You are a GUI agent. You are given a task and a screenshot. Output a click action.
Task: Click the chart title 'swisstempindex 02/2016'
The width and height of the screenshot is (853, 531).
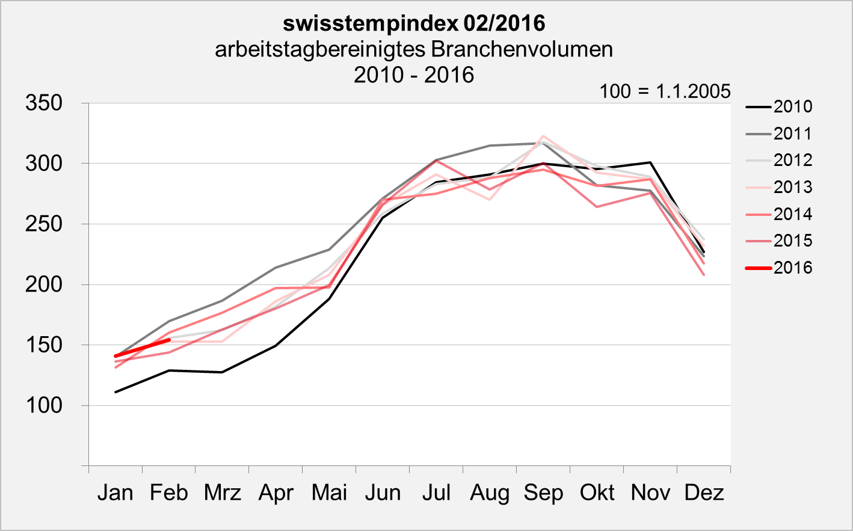(414, 23)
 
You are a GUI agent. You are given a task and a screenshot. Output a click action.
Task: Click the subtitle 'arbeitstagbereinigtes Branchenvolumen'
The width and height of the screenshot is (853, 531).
(414, 49)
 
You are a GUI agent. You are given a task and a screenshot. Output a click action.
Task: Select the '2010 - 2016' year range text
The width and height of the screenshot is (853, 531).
(414, 75)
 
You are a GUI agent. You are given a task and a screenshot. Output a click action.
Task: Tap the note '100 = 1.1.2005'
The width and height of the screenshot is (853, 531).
(665, 91)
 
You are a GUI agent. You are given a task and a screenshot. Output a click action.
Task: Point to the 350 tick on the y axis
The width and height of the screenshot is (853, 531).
(44, 103)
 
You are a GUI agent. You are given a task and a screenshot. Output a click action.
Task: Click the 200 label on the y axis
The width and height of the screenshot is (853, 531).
(44, 284)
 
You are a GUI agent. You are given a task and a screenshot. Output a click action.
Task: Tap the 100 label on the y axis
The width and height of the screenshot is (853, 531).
(44, 405)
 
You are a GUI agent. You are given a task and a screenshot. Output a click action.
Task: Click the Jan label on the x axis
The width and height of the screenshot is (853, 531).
(115, 493)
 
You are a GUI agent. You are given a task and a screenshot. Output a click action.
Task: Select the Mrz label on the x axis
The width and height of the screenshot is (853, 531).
(222, 493)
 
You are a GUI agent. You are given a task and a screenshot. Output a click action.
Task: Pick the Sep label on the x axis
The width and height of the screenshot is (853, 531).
(543, 493)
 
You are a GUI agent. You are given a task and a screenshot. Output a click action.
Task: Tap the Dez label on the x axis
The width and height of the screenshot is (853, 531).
(704, 493)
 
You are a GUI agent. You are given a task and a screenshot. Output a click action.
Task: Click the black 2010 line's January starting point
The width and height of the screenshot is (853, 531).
(115, 392)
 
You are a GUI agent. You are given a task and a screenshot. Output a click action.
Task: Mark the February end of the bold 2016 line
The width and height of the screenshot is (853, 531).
(169, 340)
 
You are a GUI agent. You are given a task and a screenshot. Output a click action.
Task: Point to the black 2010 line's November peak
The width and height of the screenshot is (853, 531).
(650, 162)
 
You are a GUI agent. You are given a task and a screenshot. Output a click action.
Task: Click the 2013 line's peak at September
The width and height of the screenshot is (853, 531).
(543, 136)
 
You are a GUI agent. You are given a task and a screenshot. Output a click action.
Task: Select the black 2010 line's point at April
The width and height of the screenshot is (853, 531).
(276, 346)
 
